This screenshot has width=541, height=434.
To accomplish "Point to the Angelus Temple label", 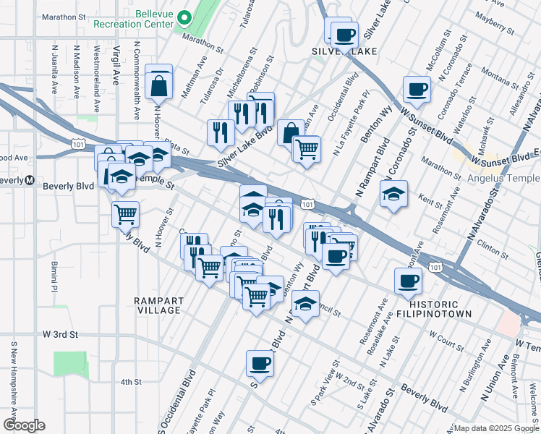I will [x=503, y=179].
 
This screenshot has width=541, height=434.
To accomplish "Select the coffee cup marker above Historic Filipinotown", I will [x=407, y=281].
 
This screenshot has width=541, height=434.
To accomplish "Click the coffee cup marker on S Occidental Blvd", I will [x=260, y=364].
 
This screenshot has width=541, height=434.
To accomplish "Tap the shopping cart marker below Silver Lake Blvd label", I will [x=307, y=149].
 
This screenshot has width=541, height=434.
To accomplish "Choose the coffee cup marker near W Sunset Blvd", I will [x=417, y=90].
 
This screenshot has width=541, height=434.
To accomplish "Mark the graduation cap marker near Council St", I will [x=307, y=304].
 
